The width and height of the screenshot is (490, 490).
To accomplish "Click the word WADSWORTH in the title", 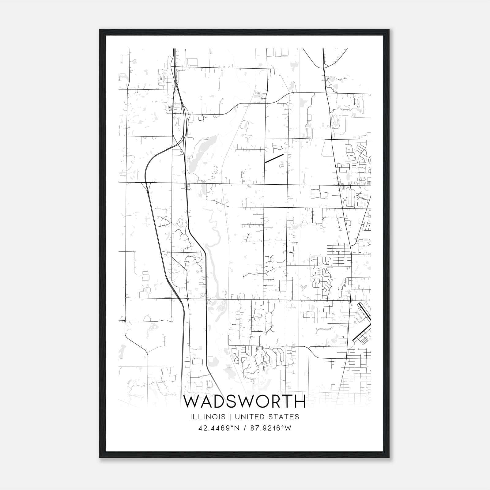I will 244,401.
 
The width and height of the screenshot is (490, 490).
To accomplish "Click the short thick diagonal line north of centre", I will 274,158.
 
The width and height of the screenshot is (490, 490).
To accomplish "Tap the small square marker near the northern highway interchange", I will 170,107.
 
